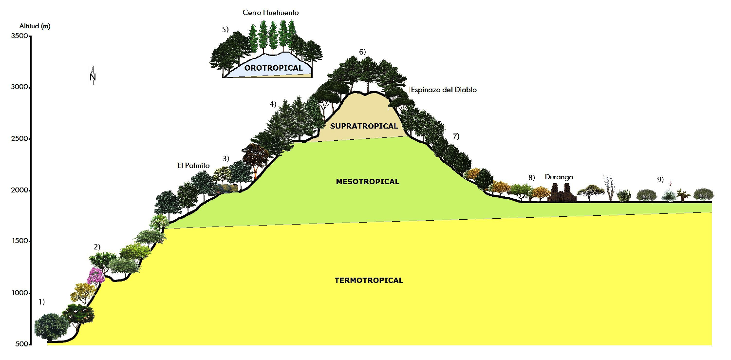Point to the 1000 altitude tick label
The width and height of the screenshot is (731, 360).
pos(19,293)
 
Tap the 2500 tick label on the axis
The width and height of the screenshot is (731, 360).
pos(19,139)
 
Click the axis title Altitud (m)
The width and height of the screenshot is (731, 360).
pos(35,26)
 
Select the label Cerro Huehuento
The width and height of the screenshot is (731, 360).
pos(270,13)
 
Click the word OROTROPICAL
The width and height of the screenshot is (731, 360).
pos(274,68)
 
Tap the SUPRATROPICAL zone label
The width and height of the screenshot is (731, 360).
pos(364,126)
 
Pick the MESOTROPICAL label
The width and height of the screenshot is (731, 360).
pos(368,182)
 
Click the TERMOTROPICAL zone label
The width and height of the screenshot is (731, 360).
pos(369,280)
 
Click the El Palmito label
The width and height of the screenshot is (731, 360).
pos(193,166)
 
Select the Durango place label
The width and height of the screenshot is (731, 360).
pos(559,177)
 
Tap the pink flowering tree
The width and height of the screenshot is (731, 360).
pos(95,275)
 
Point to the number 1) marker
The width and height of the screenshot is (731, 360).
pos(41,302)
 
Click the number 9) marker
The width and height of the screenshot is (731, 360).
pos(660,179)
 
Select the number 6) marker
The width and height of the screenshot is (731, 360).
pos(362,52)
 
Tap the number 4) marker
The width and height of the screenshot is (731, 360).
pos(273,104)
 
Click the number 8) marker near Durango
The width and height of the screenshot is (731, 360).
pos(531,177)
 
